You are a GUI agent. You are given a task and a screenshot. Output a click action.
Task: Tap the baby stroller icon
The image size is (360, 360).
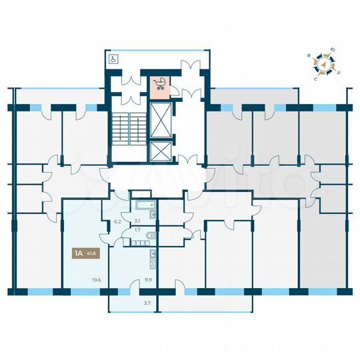[160, 83]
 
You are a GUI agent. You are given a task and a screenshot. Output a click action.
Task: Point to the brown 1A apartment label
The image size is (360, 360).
[79, 253]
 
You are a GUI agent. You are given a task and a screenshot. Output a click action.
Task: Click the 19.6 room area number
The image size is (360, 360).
[97, 280]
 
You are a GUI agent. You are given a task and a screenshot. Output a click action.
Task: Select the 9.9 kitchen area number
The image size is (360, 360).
[148, 280]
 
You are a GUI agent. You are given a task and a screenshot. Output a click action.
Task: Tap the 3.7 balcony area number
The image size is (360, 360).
[148, 303]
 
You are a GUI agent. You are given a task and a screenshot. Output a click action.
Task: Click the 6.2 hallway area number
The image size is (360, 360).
[117, 221]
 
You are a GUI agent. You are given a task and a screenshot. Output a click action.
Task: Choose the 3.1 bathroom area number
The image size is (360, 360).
[137, 220]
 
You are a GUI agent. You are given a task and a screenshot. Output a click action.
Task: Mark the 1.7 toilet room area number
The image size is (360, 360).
[137, 230]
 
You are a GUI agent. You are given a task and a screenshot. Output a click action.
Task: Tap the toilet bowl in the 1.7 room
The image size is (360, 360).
[151, 237]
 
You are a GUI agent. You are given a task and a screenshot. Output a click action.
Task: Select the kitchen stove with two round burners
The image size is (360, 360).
[153, 253]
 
